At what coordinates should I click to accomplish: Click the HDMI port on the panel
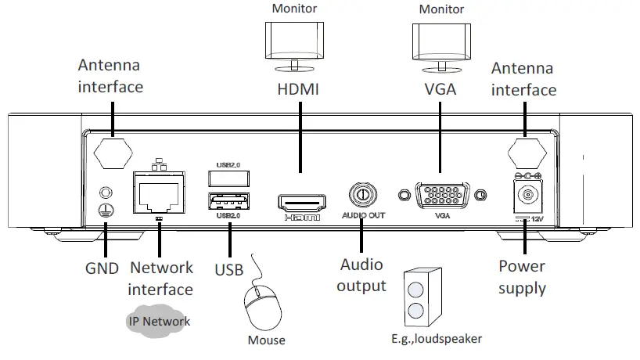click(301, 203)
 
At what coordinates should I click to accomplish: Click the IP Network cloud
click(159, 321)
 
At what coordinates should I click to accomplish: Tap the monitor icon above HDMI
click(295, 45)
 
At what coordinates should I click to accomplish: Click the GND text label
click(102, 269)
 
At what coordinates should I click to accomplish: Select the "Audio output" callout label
click(361, 275)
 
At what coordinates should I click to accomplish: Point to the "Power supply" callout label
click(522, 277)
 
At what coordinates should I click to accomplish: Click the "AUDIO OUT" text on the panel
click(362, 216)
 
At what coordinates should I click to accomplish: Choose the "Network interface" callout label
click(160, 279)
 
